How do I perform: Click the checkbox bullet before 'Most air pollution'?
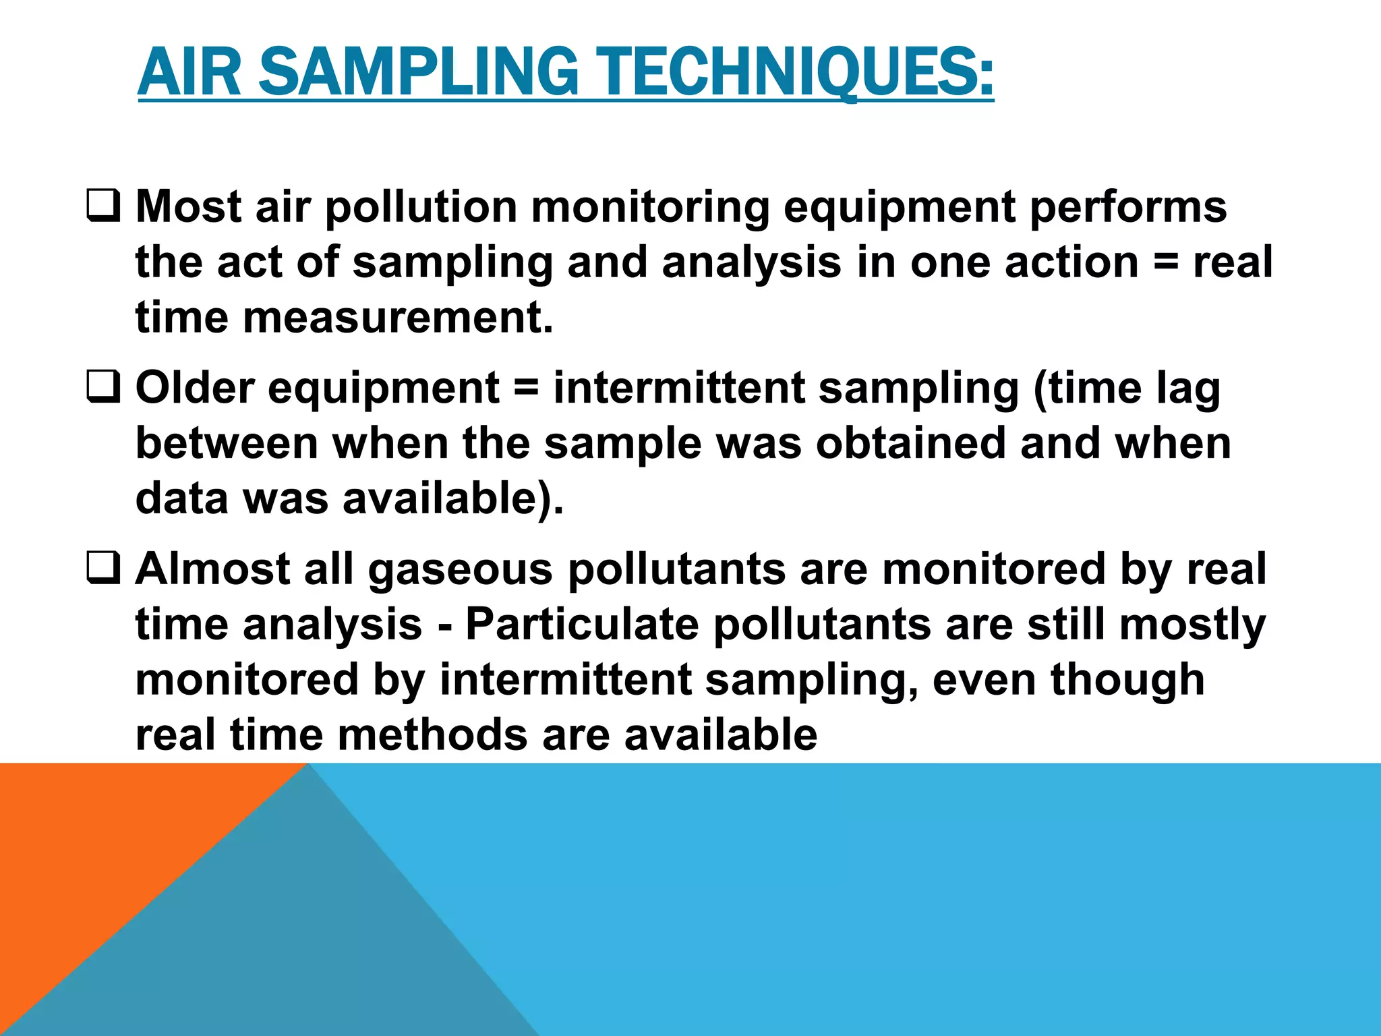(x=104, y=206)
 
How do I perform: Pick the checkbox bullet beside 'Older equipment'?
(x=104, y=388)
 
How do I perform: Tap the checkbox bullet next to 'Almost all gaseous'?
(x=104, y=569)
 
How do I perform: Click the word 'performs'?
(x=1128, y=206)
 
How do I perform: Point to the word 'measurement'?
(x=398, y=317)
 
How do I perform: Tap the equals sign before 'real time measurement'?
(x=1166, y=263)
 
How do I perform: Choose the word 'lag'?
(x=1188, y=389)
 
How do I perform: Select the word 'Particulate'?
(x=582, y=624)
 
